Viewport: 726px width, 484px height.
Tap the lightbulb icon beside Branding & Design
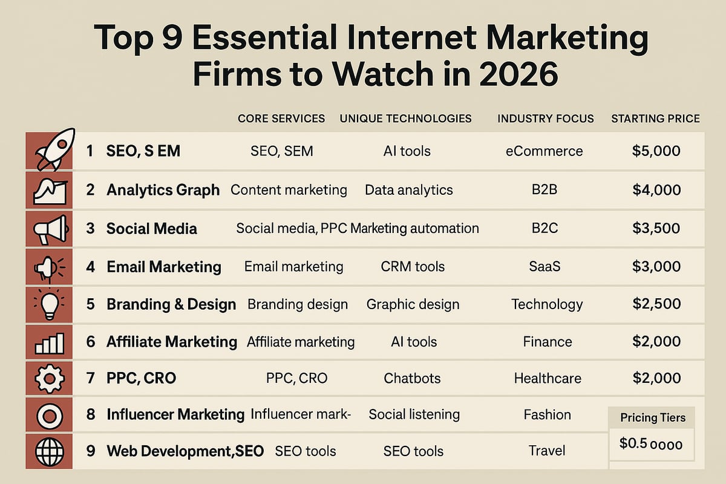pos(49,304)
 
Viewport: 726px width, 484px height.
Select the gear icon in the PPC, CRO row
pos(49,379)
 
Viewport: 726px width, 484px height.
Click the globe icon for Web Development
pos(49,451)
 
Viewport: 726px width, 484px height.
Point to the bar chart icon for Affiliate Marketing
pos(49,342)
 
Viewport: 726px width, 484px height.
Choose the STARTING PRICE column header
pos(655,119)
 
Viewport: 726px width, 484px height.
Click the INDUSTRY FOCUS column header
pos(546,119)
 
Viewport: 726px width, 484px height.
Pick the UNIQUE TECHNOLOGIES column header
pos(405,119)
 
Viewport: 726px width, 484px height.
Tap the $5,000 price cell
pos(656,151)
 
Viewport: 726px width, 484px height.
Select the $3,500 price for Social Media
pos(656,229)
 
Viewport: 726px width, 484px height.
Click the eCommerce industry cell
pos(544,151)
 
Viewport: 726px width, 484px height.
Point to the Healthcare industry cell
pos(548,379)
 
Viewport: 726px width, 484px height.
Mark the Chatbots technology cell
pos(412,379)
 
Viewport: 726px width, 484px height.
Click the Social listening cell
pos(414,414)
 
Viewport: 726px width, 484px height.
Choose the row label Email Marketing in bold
pos(164,266)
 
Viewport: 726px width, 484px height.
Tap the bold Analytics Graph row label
pos(163,190)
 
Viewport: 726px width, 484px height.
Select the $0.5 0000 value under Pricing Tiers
pos(651,444)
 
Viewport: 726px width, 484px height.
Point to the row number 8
pos(91,414)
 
